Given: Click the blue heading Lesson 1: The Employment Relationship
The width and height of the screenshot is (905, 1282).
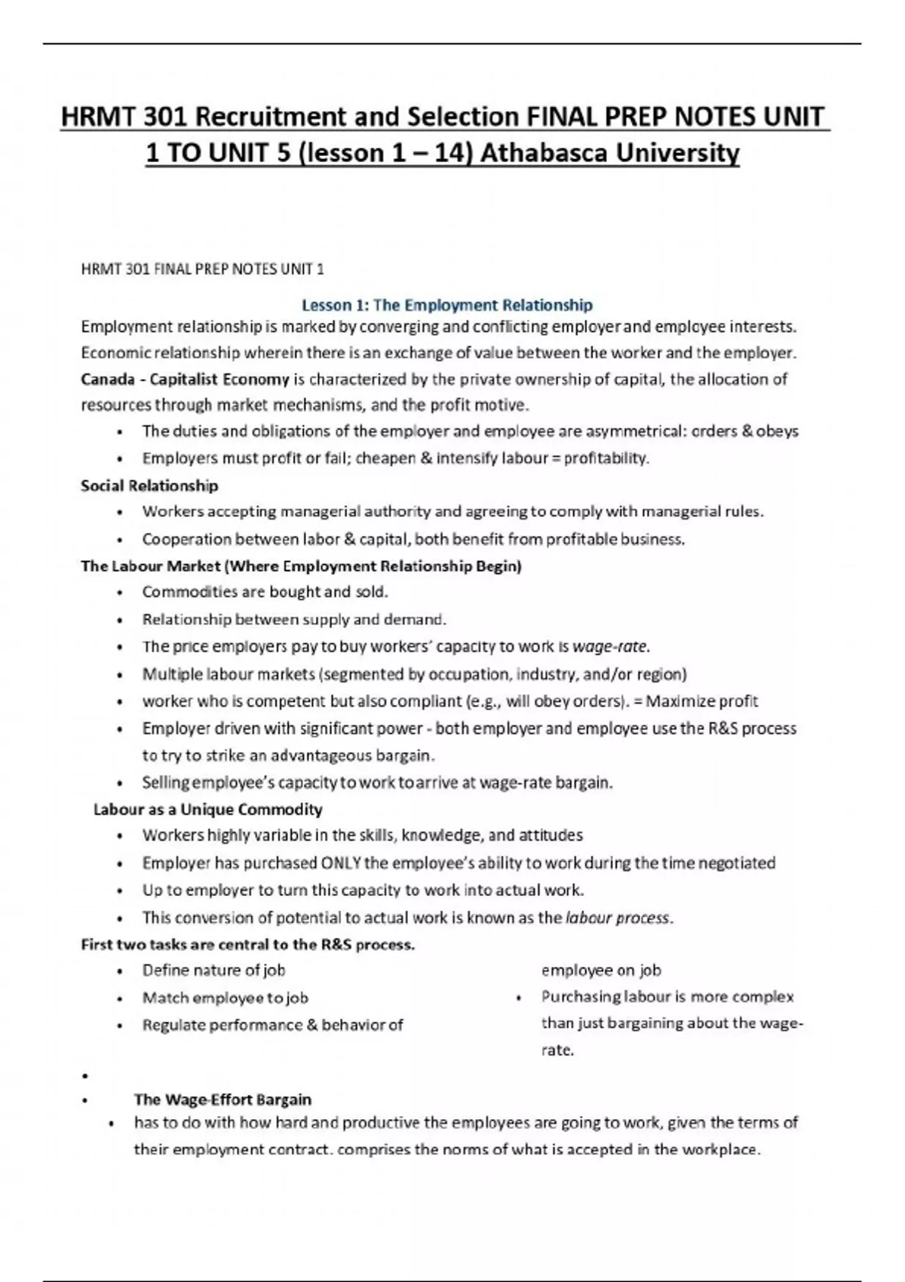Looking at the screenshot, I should point(446,305).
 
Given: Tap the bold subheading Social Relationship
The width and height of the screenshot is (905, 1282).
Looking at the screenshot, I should point(149,486).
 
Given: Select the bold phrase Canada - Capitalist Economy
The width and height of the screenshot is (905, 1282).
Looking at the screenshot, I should point(185,379).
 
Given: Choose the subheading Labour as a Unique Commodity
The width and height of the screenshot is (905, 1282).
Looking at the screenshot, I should point(207,810).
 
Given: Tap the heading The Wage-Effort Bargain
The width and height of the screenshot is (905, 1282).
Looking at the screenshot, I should point(222,1100).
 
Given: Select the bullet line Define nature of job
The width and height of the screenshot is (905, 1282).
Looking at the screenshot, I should point(213,971).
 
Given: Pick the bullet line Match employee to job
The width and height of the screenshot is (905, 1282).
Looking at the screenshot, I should point(225,998).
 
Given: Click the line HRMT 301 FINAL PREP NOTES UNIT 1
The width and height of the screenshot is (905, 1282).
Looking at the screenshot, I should point(202,269).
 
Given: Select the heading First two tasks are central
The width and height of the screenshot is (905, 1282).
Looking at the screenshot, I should point(247,945).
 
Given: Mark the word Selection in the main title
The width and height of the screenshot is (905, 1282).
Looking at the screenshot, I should point(462,117).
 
